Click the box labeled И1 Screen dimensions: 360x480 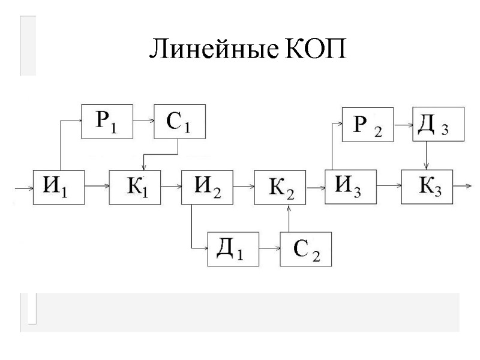tap(58, 187)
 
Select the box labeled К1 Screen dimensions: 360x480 tap(136, 187)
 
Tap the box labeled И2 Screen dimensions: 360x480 tap(208, 187)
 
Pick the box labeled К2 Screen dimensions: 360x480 tap(280, 188)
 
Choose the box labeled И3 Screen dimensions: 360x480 tap(351, 187)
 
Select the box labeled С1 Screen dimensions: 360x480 tap(179, 121)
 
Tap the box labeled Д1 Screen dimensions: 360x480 tap(233, 248)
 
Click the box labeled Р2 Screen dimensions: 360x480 tap(367, 125)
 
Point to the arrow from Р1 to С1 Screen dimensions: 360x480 tap(143, 121)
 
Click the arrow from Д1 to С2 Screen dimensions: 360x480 tap(269, 248)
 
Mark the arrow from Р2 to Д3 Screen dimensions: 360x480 tap(403, 125)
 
